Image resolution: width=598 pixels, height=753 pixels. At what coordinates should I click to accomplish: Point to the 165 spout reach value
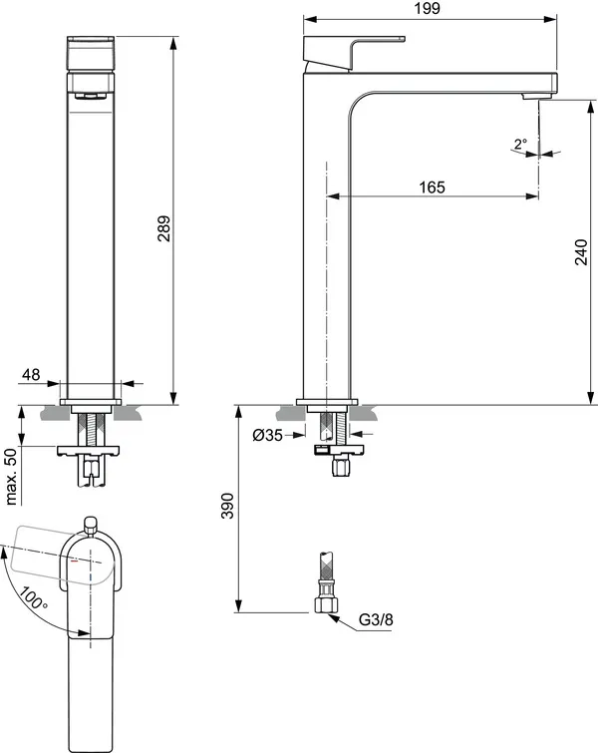(x=431, y=188)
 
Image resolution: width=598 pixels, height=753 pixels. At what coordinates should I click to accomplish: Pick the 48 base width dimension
(x=31, y=375)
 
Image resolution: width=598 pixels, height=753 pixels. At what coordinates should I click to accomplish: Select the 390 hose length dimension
(x=227, y=507)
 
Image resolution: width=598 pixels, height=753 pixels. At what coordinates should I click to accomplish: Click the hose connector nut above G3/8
(x=324, y=602)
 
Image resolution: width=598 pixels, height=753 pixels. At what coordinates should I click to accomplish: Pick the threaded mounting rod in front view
(x=91, y=427)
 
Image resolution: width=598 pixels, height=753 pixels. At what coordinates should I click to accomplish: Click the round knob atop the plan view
(x=91, y=523)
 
